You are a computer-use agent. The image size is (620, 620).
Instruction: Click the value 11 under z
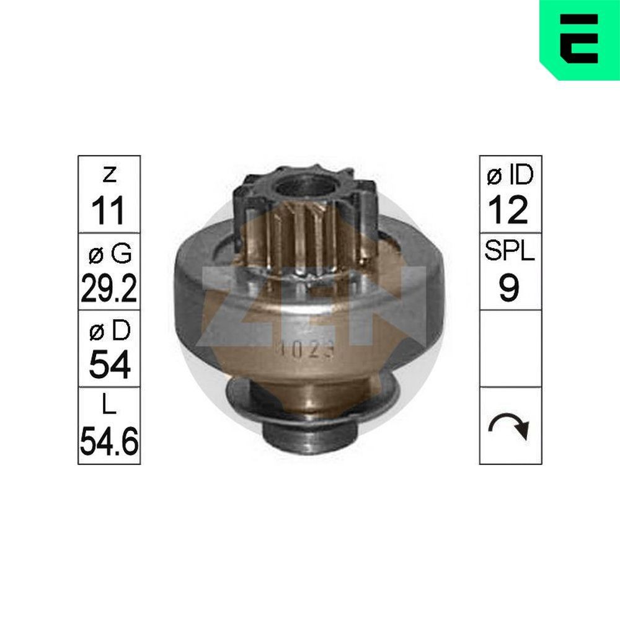coord(108,211)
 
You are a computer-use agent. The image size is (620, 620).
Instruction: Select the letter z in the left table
coord(109,176)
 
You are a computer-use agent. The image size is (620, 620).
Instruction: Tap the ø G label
coord(108,253)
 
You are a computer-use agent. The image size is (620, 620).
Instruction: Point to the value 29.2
coord(108,288)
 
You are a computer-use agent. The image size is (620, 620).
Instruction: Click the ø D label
coord(108,331)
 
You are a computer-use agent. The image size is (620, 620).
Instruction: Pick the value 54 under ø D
coord(109,365)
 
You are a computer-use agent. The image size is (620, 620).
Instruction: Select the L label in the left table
coord(109,406)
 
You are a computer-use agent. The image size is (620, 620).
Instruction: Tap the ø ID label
coord(510,176)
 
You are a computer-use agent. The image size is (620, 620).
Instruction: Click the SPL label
coord(510,253)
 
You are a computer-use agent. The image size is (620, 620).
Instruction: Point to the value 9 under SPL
coord(509,288)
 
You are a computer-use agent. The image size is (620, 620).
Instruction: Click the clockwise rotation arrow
coord(510,426)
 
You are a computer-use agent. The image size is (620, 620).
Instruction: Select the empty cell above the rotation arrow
coord(510,348)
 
